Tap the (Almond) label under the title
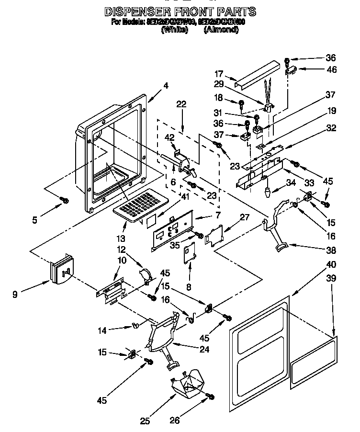coord(221,30)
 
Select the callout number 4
coord(165,86)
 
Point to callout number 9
coord(15,295)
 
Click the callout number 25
coord(145,421)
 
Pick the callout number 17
coord(219,74)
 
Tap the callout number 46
coord(331,69)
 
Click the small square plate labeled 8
coord(191,251)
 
